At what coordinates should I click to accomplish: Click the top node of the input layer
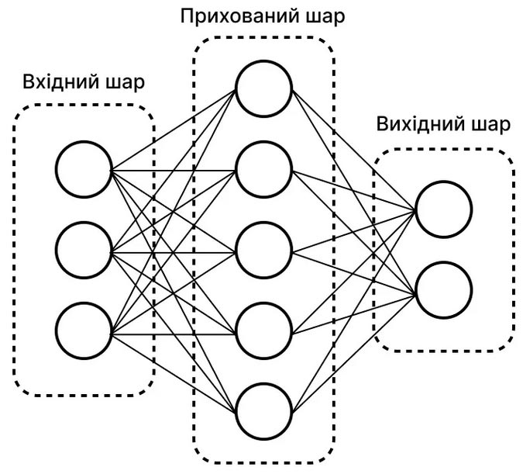click(84, 168)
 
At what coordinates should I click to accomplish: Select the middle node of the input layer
click(84, 251)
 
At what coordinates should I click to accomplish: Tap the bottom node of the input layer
click(84, 334)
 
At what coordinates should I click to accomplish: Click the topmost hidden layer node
click(264, 86)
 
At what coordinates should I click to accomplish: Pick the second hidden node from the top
click(264, 169)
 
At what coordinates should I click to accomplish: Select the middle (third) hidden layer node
click(264, 251)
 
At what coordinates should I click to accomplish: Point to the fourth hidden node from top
click(264, 334)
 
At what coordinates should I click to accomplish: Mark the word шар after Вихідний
click(488, 125)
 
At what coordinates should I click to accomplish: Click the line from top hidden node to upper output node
click(353, 148)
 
